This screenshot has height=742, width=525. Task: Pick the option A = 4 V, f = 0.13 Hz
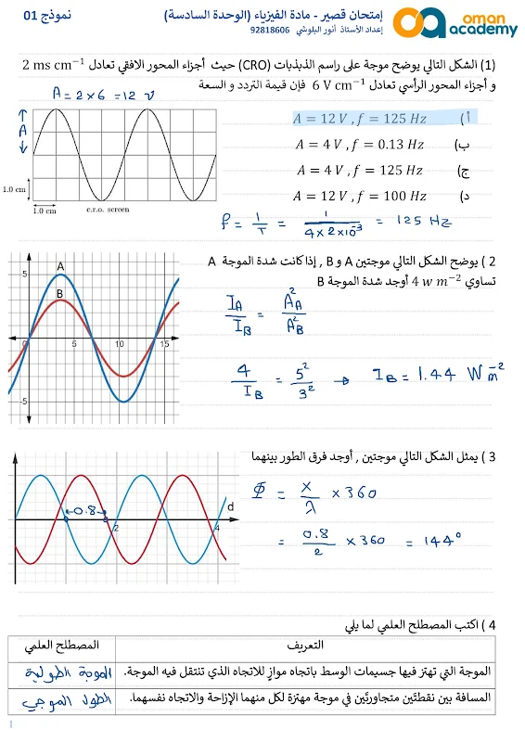point(360,145)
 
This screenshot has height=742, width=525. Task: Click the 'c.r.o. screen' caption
point(109,210)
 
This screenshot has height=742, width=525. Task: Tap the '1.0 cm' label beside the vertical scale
point(15,188)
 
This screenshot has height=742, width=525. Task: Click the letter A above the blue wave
point(60,266)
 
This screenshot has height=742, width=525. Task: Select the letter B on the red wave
point(58,294)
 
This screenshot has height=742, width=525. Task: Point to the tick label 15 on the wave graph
point(163,344)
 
